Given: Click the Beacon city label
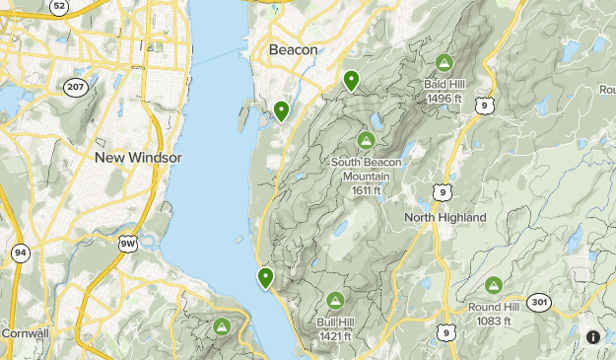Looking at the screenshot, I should (x=293, y=50).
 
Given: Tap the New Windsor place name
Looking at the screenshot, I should (x=138, y=158).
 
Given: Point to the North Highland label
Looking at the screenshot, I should (x=445, y=217).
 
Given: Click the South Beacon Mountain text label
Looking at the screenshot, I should (x=361, y=169).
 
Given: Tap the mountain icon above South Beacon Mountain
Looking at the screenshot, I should (x=368, y=140).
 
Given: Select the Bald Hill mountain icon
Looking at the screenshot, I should (x=444, y=63).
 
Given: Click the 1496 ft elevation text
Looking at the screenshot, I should (x=444, y=97).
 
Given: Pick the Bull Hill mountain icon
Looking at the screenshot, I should (x=335, y=301).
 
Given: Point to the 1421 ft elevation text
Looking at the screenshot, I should (x=335, y=337).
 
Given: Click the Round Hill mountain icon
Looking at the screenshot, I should (x=493, y=285).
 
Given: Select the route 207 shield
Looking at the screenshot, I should (x=76, y=87).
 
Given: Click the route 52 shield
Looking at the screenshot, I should (x=59, y=6).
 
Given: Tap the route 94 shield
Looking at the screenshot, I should (x=20, y=252).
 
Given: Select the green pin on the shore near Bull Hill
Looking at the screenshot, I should (x=265, y=278).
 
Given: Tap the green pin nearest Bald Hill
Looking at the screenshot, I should (x=351, y=81).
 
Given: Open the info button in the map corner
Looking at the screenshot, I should (x=593, y=337).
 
